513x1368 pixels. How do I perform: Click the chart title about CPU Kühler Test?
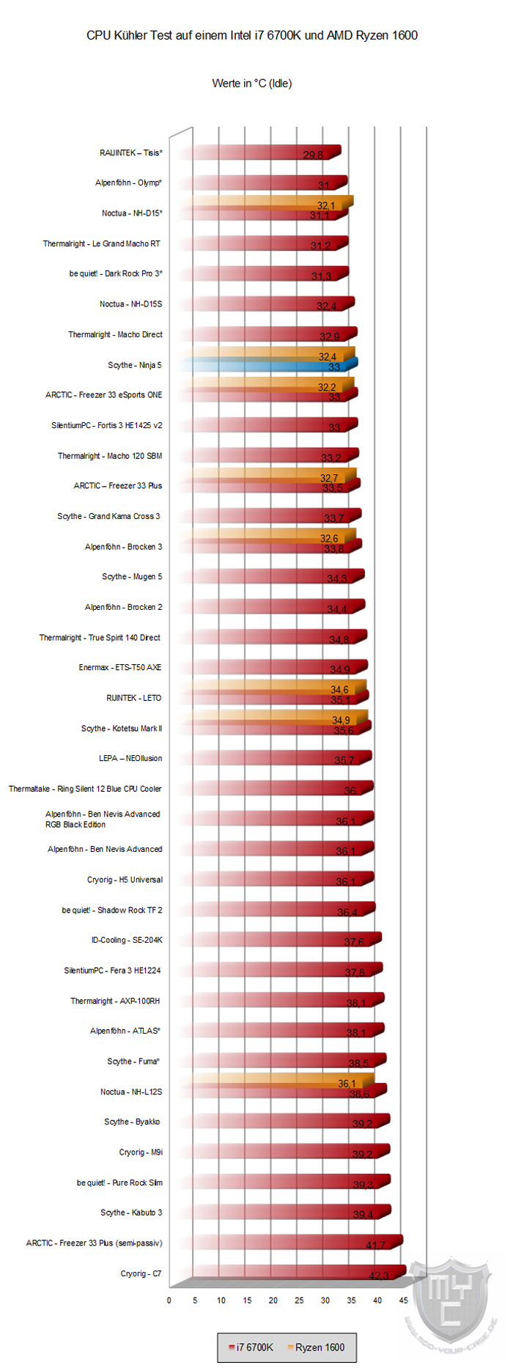(252, 35)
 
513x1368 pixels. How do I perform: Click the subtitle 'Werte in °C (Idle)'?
(252, 84)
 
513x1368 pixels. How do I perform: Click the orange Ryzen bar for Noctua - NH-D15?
(267, 203)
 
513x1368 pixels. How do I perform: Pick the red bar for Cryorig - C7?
(293, 1273)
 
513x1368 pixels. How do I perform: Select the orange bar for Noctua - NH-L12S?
(278, 1081)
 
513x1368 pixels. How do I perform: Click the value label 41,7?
(375, 1245)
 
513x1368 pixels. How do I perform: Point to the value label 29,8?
(313, 155)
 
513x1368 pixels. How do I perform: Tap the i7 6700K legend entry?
(251, 1347)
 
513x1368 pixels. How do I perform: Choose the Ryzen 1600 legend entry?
(316, 1347)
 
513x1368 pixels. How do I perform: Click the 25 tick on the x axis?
(299, 1301)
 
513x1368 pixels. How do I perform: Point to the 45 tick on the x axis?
(403, 1301)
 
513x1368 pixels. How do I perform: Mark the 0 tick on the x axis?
(169, 1301)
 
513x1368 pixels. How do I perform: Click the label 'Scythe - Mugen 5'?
(132, 577)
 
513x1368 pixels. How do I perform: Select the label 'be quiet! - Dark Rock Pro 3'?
(116, 273)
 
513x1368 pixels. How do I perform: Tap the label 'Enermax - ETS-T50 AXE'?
(120, 668)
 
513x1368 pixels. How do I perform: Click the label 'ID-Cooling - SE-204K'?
(127, 940)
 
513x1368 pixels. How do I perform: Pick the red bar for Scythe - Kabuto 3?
(286, 1213)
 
